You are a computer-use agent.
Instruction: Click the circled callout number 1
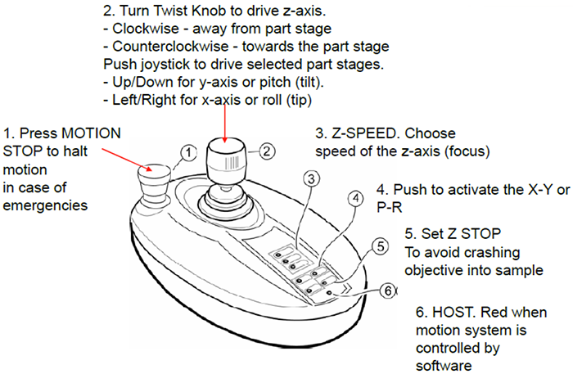tap(188, 152)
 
